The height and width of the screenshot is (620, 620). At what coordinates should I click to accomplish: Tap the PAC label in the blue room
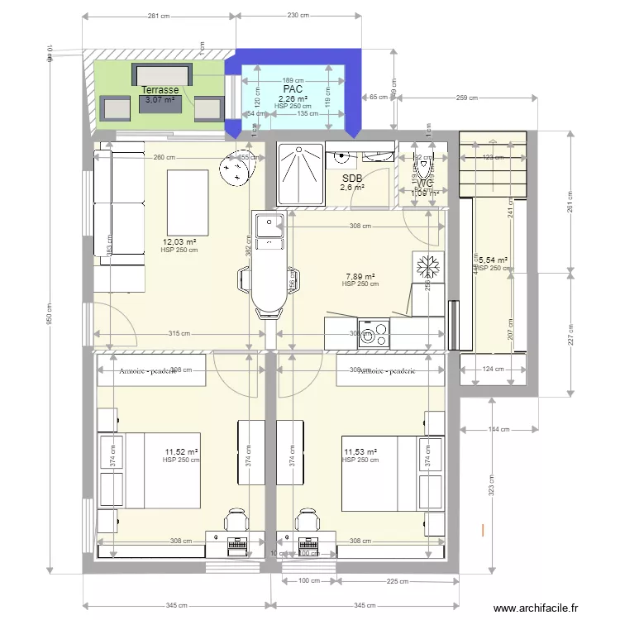293,88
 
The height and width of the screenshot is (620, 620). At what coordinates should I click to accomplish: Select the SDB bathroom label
352,178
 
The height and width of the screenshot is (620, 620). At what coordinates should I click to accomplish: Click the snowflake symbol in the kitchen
427,269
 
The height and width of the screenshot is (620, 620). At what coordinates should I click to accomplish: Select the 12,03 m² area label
179,242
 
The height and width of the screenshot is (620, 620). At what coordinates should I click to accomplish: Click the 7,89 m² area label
360,277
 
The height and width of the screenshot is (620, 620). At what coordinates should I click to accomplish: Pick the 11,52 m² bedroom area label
181,452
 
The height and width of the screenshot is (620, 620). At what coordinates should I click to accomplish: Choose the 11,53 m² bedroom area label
360,452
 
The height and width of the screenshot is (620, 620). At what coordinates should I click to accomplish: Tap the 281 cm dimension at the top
159,16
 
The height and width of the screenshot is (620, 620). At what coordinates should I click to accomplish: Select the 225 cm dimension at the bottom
398,582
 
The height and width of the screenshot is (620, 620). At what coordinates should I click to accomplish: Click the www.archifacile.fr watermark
547,609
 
